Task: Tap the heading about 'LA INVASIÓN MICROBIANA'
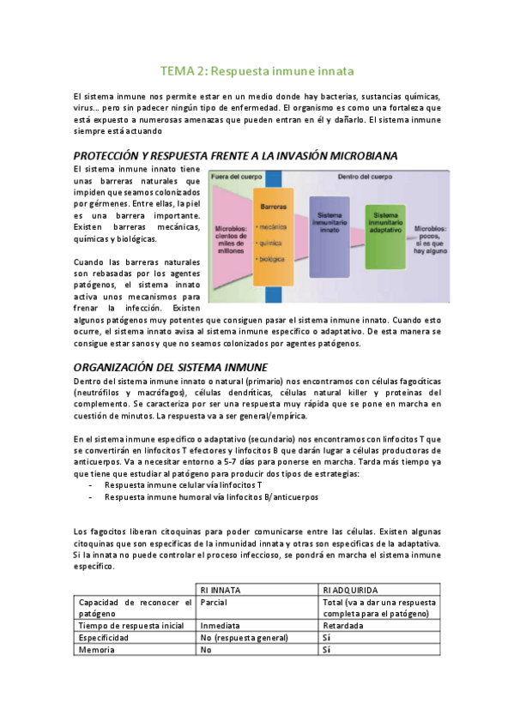pos(223,156)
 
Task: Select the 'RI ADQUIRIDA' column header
pos(349,589)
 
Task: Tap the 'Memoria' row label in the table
pos(95,651)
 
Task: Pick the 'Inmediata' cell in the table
pos(219,626)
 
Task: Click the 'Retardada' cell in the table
pos(343,626)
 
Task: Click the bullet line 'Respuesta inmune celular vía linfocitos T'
pos(183,484)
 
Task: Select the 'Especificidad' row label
pos(104,639)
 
